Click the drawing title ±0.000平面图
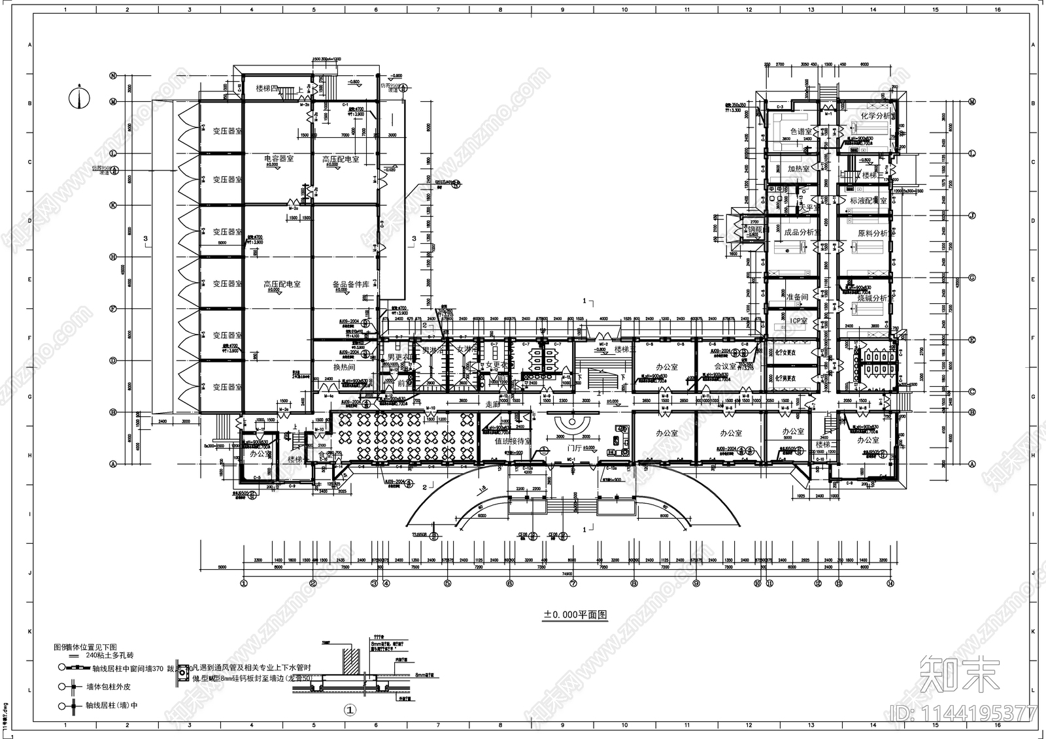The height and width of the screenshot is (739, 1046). [576, 615]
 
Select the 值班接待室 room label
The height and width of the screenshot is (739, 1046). [513, 442]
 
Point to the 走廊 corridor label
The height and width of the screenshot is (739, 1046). [492, 405]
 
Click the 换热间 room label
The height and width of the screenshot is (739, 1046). [344, 367]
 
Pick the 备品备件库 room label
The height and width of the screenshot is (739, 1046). [350, 284]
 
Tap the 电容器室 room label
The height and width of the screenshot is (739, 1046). [278, 159]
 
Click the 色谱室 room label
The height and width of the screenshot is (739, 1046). [801, 131]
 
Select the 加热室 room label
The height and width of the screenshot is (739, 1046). [798, 169]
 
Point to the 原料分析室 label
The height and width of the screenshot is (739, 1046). [872, 233]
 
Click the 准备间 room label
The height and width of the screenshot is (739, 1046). [797, 297]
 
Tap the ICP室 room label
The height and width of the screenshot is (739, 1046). [799, 321]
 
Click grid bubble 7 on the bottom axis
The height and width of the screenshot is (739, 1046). [573, 583]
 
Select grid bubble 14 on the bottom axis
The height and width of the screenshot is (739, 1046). [890, 583]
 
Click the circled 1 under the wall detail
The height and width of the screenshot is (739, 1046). [350, 709]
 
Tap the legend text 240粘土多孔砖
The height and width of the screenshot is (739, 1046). [109, 655]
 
